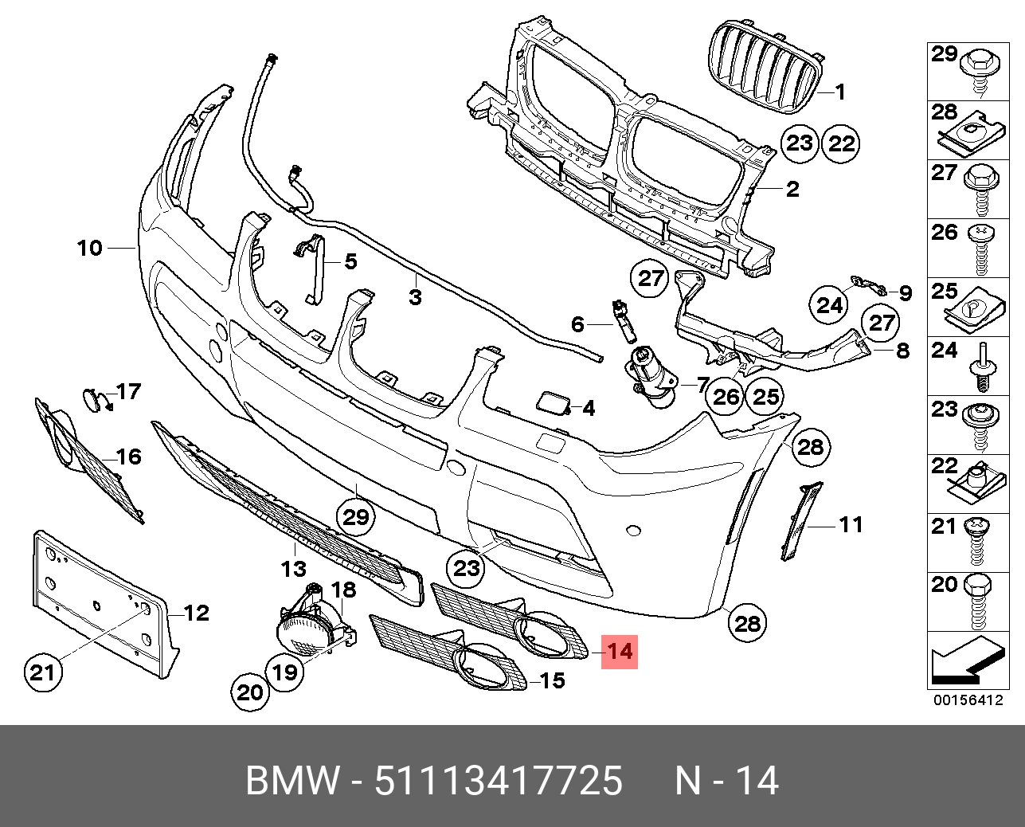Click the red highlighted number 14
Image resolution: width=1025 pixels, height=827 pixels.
(619, 651)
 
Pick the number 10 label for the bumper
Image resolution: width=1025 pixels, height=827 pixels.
(90, 248)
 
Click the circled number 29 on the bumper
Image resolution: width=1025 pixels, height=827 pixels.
(355, 517)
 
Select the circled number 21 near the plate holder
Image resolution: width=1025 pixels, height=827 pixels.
(42, 672)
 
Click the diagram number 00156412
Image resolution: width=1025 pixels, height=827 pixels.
(968, 700)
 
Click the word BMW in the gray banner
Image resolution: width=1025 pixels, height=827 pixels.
(292, 781)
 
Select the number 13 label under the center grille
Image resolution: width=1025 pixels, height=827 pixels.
(294, 568)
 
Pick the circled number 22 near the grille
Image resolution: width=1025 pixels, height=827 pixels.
(842, 143)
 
